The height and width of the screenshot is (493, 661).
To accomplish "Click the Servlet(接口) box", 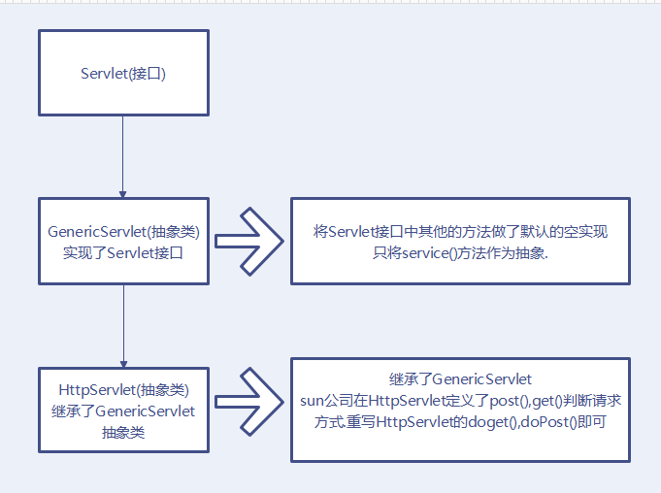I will pyautogui.click(x=123, y=74).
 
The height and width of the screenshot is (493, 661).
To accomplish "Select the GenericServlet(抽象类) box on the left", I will pyautogui.click(x=123, y=242).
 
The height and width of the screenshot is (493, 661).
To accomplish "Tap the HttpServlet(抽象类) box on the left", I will pyautogui.click(x=123, y=411).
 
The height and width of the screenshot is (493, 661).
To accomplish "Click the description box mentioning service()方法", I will pyautogui.click(x=461, y=242).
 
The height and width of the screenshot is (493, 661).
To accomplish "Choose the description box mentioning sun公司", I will pyautogui.click(x=461, y=410).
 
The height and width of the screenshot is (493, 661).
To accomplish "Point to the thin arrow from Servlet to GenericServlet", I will pyautogui.click(x=123, y=155).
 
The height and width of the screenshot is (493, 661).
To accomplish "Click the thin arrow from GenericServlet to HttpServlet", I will pyautogui.click(x=123, y=325).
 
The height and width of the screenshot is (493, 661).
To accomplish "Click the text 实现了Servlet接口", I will pyautogui.click(x=123, y=253).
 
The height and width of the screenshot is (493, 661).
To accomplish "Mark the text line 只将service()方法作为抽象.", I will pyautogui.click(x=461, y=253).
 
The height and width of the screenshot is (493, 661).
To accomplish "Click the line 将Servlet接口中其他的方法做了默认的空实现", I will pyautogui.click(x=461, y=232).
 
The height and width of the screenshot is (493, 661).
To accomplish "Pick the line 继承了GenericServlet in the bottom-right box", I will pyautogui.click(x=461, y=378).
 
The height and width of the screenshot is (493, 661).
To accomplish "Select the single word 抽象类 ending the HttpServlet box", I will pyautogui.click(x=123, y=433).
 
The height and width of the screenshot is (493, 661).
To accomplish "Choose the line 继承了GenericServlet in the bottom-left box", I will pyautogui.click(x=123, y=411).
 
